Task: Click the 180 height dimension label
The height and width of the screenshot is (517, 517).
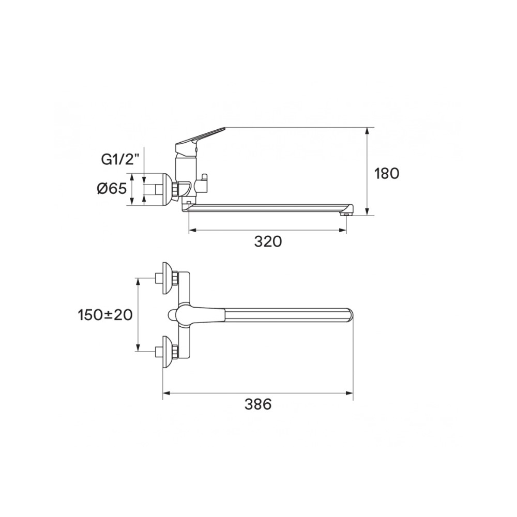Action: [386, 173]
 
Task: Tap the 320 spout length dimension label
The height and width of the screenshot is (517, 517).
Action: [268, 241]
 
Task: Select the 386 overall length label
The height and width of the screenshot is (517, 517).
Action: [258, 404]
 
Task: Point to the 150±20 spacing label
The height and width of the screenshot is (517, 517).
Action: [105, 315]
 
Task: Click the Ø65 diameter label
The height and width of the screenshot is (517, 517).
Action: [112, 189]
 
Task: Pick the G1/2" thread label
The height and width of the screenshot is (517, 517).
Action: [118, 160]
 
